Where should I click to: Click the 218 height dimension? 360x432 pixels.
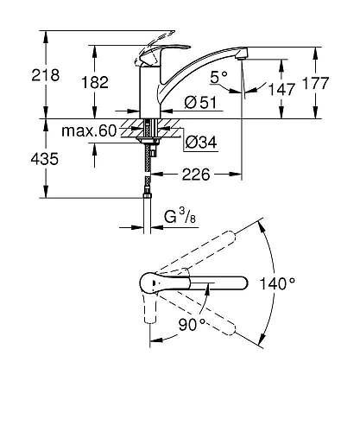click(x=46, y=75)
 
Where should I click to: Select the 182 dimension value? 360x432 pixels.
click(x=95, y=82)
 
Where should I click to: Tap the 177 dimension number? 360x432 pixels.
click(x=315, y=83)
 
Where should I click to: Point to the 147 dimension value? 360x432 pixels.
click(x=281, y=89)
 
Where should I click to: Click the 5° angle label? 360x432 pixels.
click(x=219, y=77)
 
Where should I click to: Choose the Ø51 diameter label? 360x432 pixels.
click(x=200, y=103)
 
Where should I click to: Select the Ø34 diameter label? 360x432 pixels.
click(x=201, y=142)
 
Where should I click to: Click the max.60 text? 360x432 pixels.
click(x=89, y=130)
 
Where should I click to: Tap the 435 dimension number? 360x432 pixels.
click(x=45, y=159)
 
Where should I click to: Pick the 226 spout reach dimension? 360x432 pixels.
click(x=196, y=175)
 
